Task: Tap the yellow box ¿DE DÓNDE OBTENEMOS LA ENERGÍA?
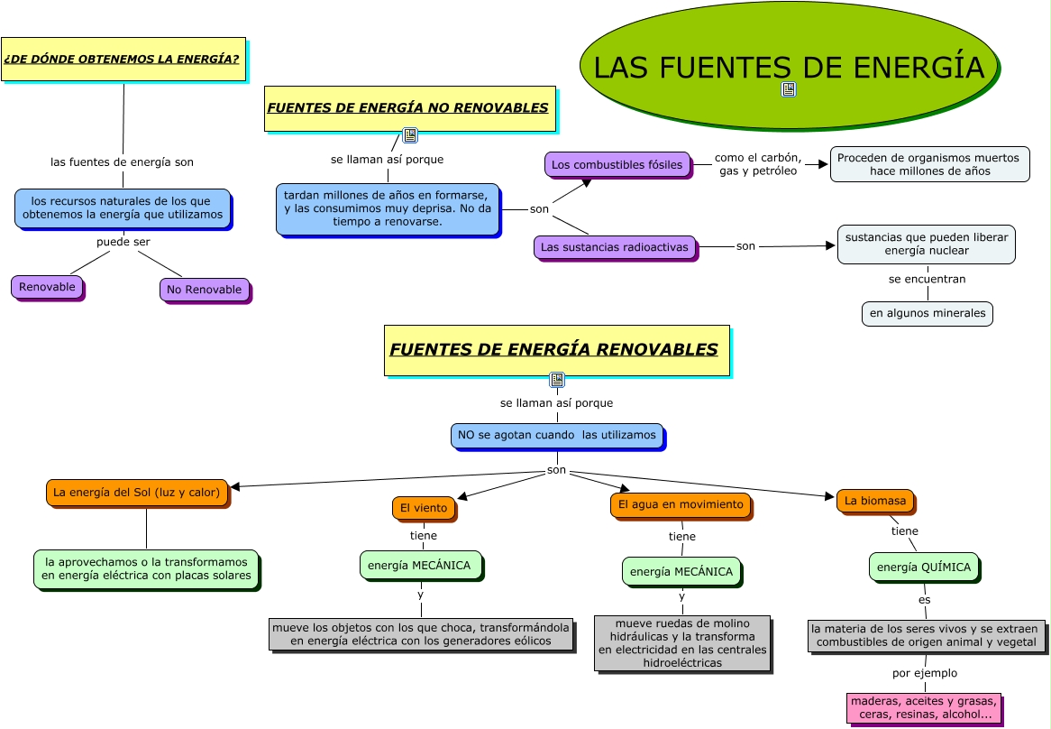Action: [123, 60]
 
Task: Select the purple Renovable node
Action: [47, 287]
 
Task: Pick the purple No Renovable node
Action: [205, 290]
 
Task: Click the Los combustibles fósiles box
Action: [617, 165]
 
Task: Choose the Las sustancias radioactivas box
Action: [616, 247]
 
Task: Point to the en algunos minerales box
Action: [927, 313]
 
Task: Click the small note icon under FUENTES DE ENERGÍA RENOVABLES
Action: [557, 380]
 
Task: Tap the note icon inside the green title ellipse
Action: [789, 89]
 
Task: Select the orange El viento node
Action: [424, 508]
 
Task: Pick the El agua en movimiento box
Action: [681, 505]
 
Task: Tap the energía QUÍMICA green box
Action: [924, 567]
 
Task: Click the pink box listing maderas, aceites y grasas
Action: [924, 707]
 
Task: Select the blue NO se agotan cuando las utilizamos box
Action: [557, 435]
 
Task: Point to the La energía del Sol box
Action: [137, 493]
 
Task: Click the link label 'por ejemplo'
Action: [925, 673]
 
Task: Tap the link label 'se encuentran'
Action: [927, 279]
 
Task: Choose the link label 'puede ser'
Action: [123, 242]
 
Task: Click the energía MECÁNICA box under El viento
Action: [419, 566]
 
